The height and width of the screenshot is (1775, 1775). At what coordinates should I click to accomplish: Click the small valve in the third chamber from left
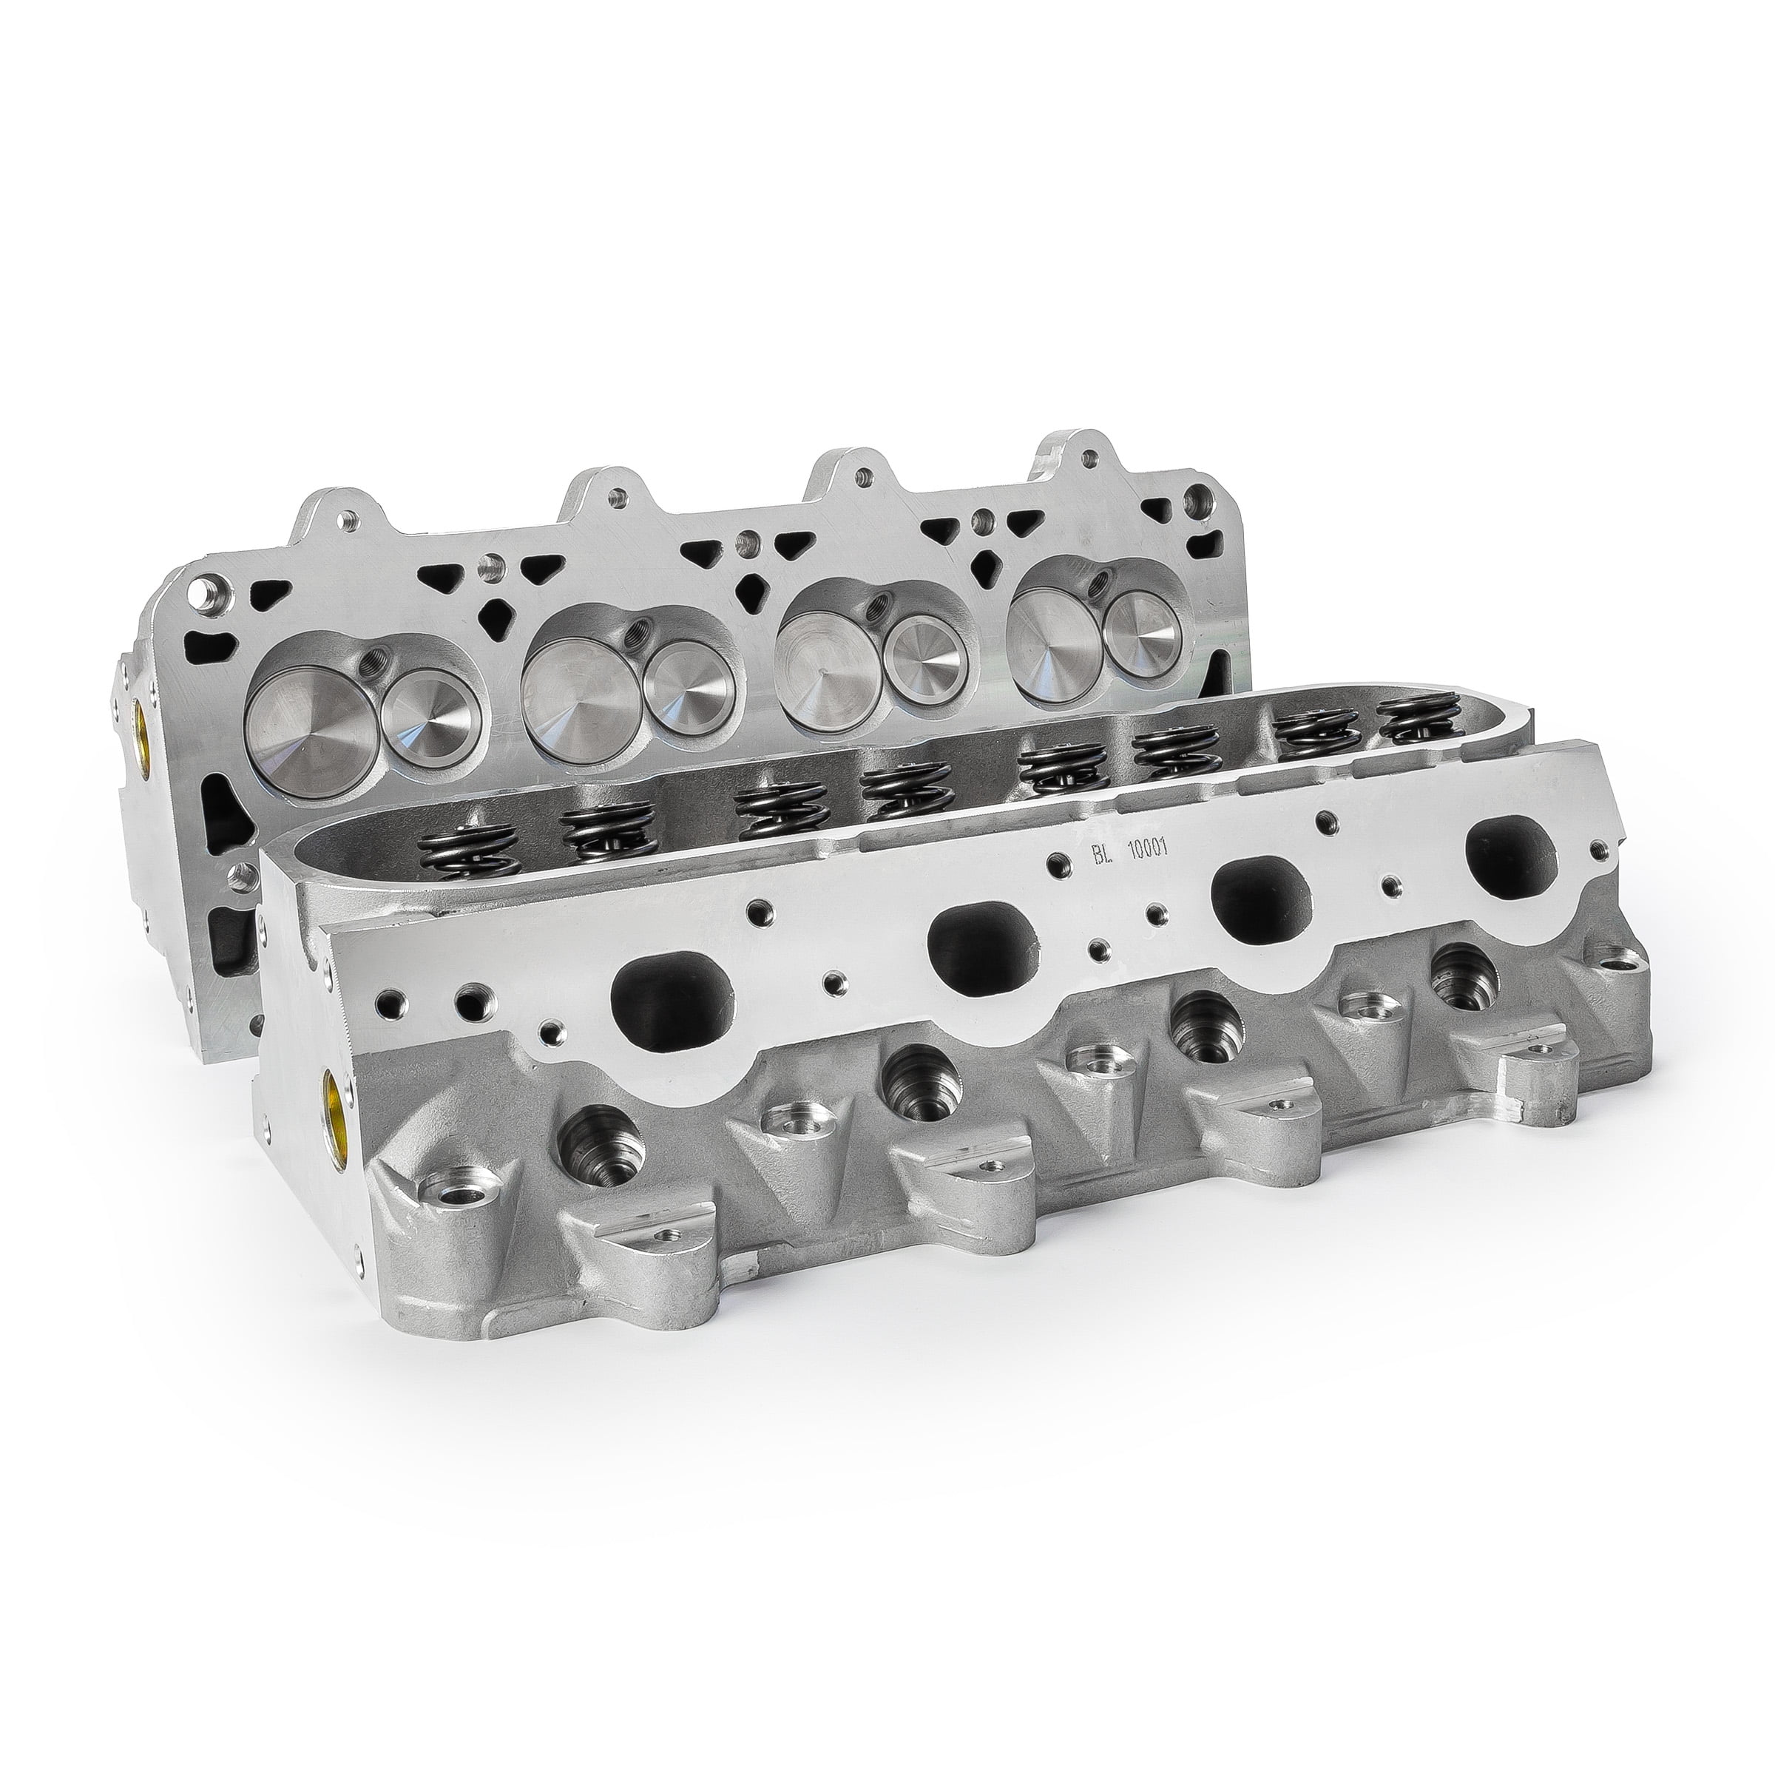(x=930, y=653)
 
